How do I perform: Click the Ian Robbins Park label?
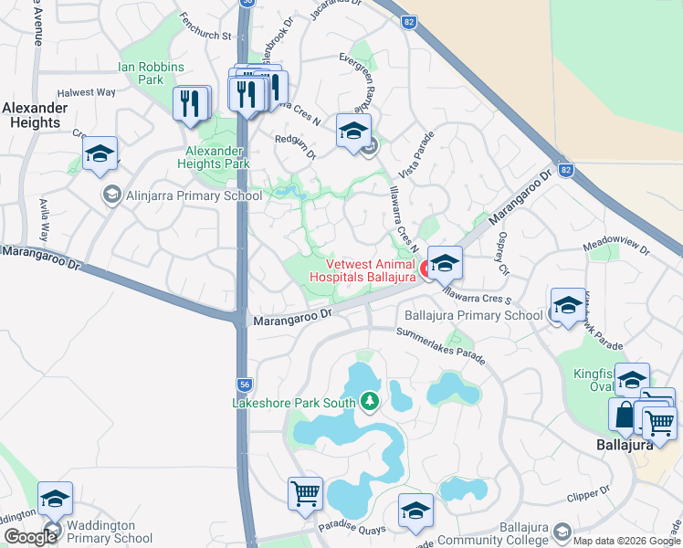pos(151,74)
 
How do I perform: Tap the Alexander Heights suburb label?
pos(35,115)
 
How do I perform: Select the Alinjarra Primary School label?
pos(180,195)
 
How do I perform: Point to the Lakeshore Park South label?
pos(293,402)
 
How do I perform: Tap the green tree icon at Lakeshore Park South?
pos(369,401)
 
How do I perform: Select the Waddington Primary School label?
pos(100,532)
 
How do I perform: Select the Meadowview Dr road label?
pos(616,248)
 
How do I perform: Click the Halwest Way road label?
pos(87,92)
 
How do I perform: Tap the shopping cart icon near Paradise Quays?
pos(305,493)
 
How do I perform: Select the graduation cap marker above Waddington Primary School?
pos(55,499)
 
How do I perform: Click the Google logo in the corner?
pos(30,538)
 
